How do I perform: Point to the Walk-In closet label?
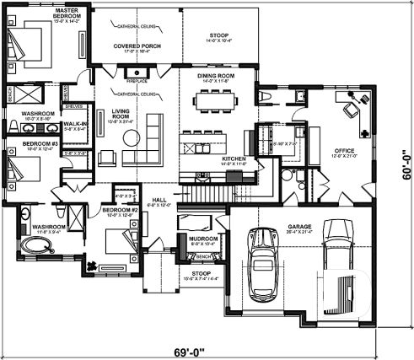[x=70, y=126]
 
